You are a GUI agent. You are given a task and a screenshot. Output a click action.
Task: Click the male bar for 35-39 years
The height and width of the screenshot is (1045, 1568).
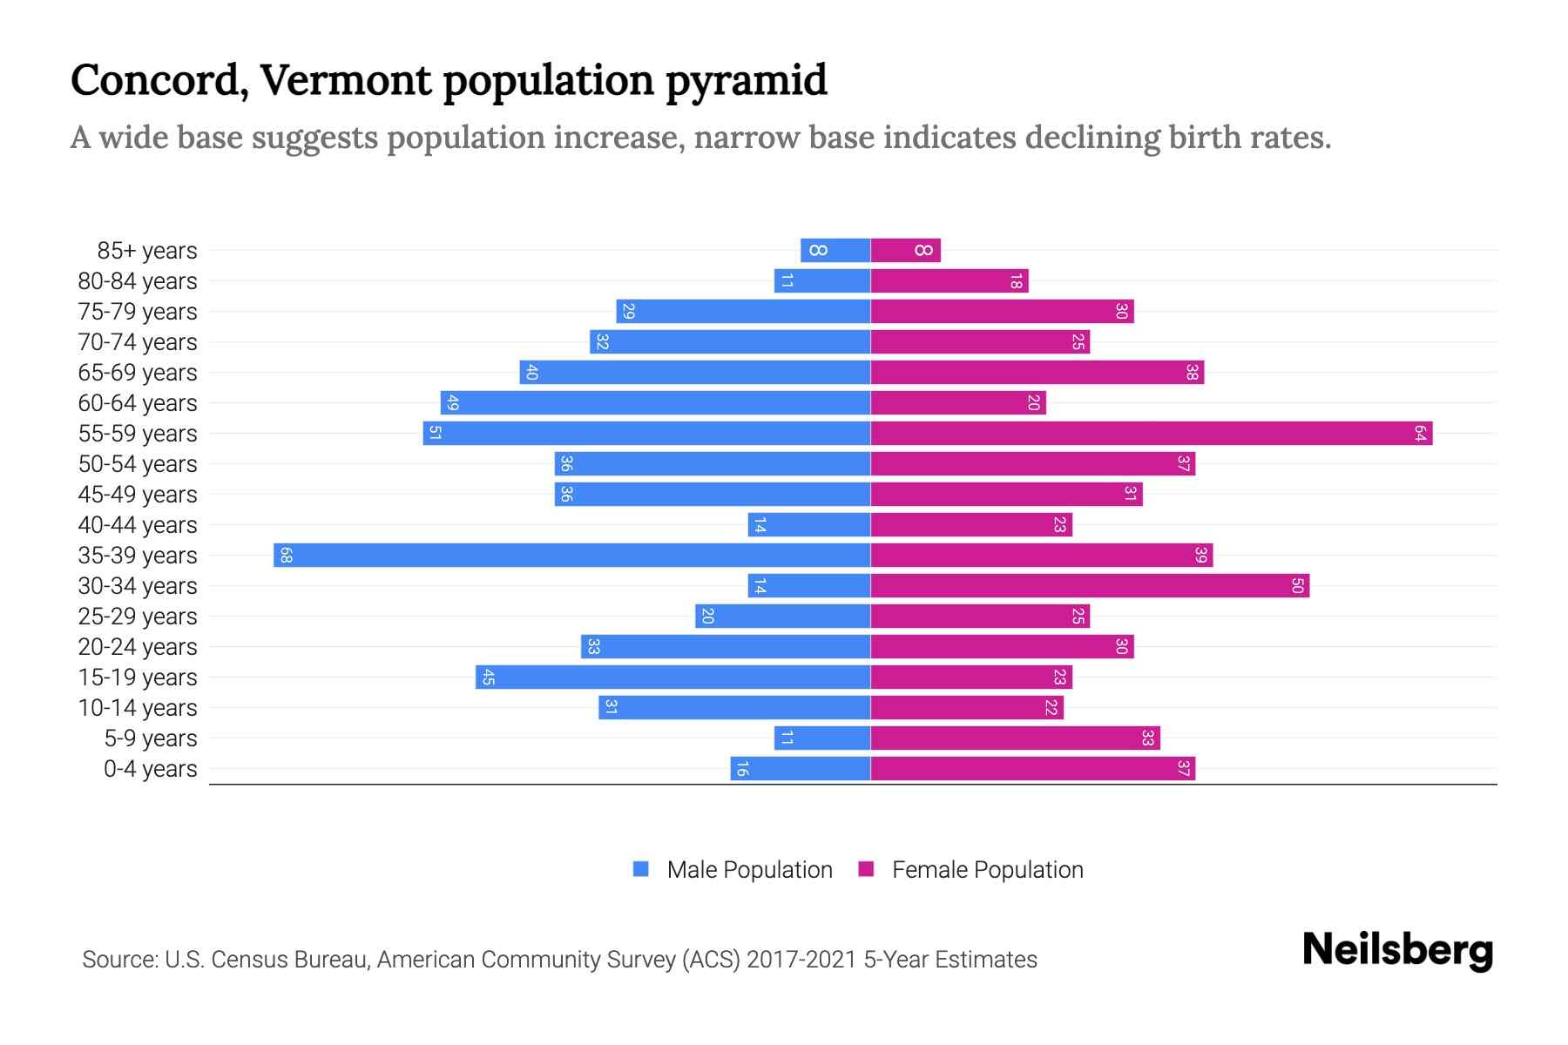click(572, 555)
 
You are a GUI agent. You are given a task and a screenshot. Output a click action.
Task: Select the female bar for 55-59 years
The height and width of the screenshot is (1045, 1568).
click(1152, 433)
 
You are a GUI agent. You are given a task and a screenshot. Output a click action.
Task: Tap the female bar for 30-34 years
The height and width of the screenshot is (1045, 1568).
click(1090, 585)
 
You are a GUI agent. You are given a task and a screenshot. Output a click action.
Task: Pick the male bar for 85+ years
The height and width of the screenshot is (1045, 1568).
click(835, 250)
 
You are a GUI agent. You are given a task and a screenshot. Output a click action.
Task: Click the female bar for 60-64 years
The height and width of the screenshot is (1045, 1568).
click(958, 402)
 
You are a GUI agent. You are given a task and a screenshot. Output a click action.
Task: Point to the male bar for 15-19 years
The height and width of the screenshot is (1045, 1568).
click(673, 677)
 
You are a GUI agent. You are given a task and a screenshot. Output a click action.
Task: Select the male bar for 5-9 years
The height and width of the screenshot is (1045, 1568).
click(822, 738)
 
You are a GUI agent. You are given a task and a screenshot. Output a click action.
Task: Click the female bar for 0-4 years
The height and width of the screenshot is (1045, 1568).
click(1033, 768)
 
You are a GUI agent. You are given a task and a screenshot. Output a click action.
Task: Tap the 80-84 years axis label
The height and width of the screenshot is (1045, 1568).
click(138, 280)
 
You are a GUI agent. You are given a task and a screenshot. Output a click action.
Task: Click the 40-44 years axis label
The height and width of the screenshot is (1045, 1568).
click(138, 524)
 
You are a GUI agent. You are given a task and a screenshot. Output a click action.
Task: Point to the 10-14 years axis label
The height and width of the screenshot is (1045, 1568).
click(138, 707)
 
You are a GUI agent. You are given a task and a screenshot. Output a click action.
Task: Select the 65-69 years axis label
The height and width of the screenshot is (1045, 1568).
click(138, 372)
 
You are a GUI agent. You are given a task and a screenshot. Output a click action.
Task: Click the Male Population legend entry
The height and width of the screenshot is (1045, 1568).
click(733, 869)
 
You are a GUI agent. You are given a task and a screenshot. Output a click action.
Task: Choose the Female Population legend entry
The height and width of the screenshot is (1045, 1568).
click(971, 869)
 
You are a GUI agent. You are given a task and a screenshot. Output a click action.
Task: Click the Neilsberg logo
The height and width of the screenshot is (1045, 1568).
click(1397, 949)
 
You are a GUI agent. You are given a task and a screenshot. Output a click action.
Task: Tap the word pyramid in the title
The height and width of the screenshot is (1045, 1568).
click(746, 81)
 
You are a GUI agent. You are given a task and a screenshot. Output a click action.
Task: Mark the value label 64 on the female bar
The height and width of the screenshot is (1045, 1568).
click(1420, 433)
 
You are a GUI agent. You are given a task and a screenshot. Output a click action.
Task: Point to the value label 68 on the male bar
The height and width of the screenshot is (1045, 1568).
click(286, 555)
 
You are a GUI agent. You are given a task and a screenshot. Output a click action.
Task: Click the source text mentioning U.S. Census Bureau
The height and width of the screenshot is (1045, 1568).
click(559, 959)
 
